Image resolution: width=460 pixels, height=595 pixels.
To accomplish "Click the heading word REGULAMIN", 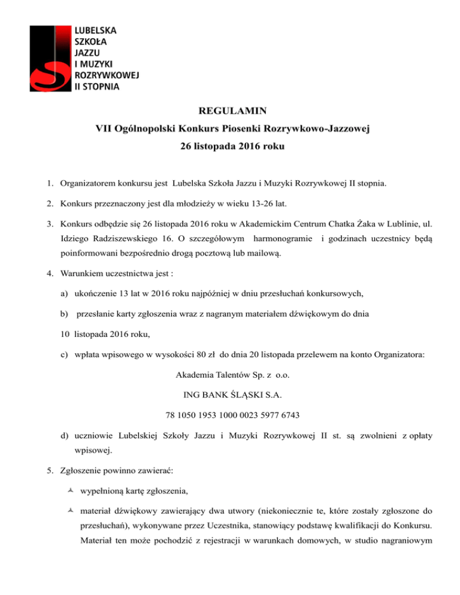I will [x=229, y=111].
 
